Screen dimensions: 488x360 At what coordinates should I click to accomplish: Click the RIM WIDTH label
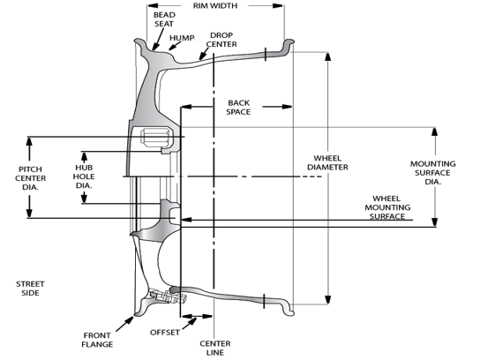pos(215,5)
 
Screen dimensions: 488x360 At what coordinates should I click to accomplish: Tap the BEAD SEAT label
pos(164,19)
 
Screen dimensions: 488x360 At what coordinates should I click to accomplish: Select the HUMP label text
pos(182,38)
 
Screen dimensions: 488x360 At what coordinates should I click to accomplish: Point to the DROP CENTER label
pos(221,40)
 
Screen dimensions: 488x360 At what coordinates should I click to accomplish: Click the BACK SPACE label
pos(238,107)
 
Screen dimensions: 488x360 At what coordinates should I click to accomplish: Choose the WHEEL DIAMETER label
pos(327,162)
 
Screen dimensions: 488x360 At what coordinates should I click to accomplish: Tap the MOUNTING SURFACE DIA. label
pos(432,172)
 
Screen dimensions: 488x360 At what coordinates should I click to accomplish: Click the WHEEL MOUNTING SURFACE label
pos(387,207)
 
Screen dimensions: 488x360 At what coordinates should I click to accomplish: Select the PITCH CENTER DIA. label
pos(31,178)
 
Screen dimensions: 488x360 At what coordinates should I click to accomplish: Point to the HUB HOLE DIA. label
pos(84,176)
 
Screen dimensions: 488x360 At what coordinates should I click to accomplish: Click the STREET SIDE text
pos(30,289)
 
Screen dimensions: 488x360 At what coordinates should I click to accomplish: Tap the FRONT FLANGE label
pos(97,340)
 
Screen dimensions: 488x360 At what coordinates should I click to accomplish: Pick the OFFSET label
pos(165,333)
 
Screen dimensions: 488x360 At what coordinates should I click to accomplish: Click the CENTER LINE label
pos(215,348)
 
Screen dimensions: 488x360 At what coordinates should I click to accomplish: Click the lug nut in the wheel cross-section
pos(155,138)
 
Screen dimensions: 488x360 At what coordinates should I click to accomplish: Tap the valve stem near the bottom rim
pos(168,296)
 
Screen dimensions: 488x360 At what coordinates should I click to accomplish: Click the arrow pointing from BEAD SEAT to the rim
pos(158,39)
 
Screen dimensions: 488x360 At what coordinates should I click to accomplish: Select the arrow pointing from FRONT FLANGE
pos(124,324)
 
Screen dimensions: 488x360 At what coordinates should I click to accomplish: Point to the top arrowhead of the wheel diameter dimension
pos(327,56)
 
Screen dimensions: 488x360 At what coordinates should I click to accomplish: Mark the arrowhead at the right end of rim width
pos(278,5)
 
